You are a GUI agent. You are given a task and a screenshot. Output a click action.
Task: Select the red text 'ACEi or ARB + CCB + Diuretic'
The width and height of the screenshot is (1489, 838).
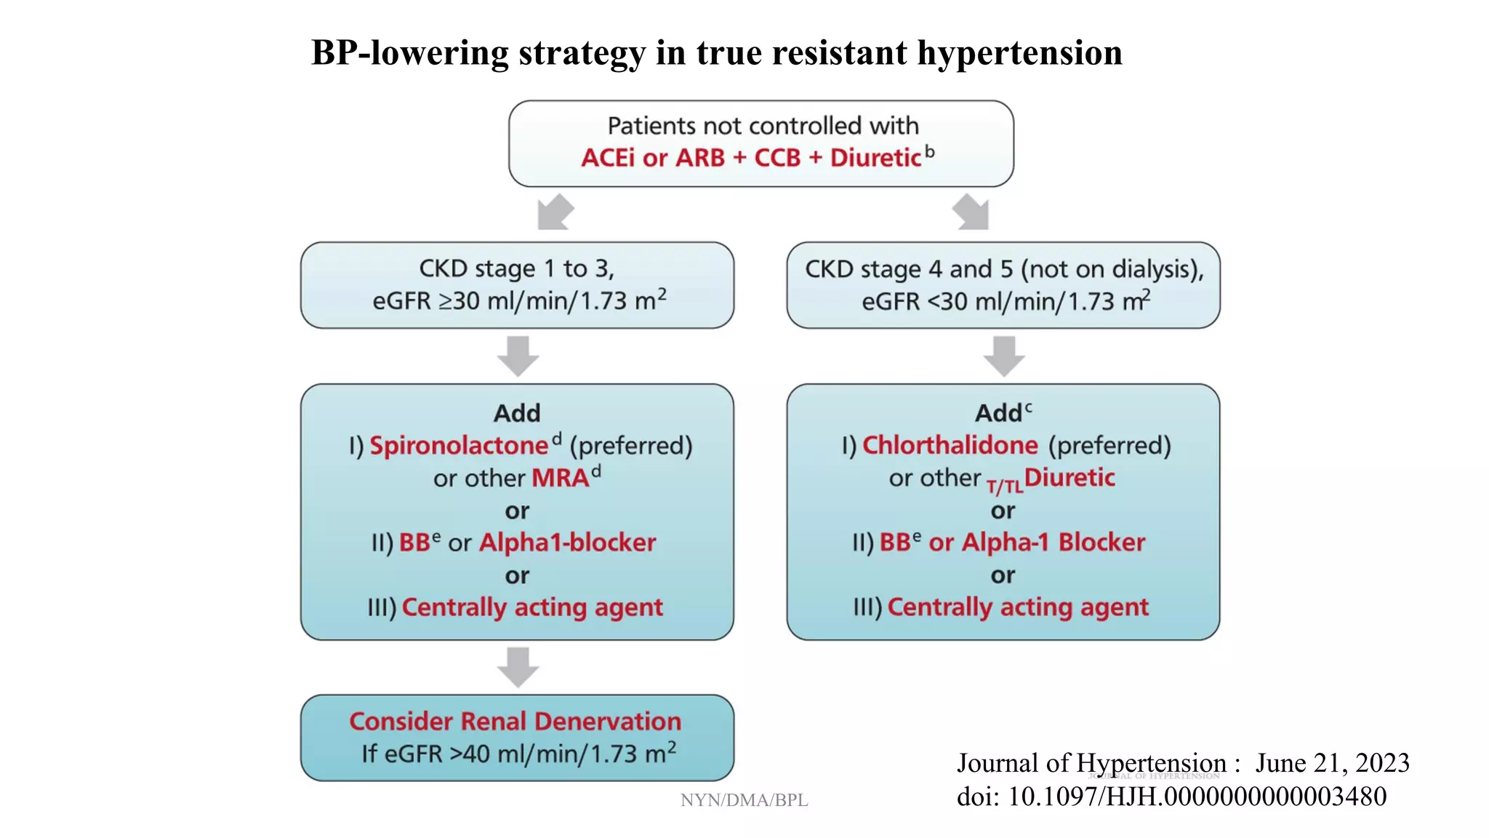tap(751, 158)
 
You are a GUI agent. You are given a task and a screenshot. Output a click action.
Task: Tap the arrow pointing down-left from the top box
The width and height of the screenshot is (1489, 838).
tap(555, 212)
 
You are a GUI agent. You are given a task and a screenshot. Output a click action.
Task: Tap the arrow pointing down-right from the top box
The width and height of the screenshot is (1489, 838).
tap(971, 212)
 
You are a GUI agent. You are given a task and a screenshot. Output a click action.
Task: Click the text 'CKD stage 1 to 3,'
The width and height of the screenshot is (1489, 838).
tap(517, 268)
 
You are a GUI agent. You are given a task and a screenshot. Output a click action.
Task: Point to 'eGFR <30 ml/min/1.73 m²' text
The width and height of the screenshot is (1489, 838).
tap(1006, 300)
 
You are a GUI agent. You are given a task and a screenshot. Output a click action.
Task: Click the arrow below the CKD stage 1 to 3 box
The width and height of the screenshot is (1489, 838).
tap(518, 356)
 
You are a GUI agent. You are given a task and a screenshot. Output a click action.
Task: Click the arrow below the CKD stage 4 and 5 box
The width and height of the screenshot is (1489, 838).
tap(1004, 356)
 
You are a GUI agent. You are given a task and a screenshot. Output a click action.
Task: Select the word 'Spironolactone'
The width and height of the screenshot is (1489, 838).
tap(459, 445)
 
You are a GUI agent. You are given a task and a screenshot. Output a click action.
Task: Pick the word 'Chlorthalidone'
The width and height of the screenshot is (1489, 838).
tap(950, 445)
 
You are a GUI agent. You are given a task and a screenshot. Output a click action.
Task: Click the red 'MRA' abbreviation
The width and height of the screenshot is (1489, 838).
tap(560, 478)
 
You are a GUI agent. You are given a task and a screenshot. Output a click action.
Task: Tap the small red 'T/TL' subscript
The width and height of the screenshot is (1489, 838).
tap(1004, 487)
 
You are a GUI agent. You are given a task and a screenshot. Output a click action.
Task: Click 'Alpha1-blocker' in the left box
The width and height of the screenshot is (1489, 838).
tap(567, 543)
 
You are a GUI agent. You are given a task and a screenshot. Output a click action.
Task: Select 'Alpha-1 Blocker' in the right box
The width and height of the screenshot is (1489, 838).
tap(1053, 543)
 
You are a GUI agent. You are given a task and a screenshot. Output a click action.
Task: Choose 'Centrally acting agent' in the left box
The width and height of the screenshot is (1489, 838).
tap(532, 607)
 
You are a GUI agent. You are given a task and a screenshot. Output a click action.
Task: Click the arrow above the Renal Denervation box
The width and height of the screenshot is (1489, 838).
tap(518, 666)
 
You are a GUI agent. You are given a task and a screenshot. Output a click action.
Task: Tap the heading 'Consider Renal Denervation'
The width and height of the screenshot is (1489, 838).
tap(515, 721)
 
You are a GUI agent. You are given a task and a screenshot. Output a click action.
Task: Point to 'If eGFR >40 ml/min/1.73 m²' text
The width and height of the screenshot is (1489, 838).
tap(518, 754)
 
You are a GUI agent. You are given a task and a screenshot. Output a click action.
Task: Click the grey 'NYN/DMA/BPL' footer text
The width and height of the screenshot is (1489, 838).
tap(744, 800)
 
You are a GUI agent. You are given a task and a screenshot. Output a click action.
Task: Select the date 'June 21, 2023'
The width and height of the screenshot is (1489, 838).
tap(1333, 763)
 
